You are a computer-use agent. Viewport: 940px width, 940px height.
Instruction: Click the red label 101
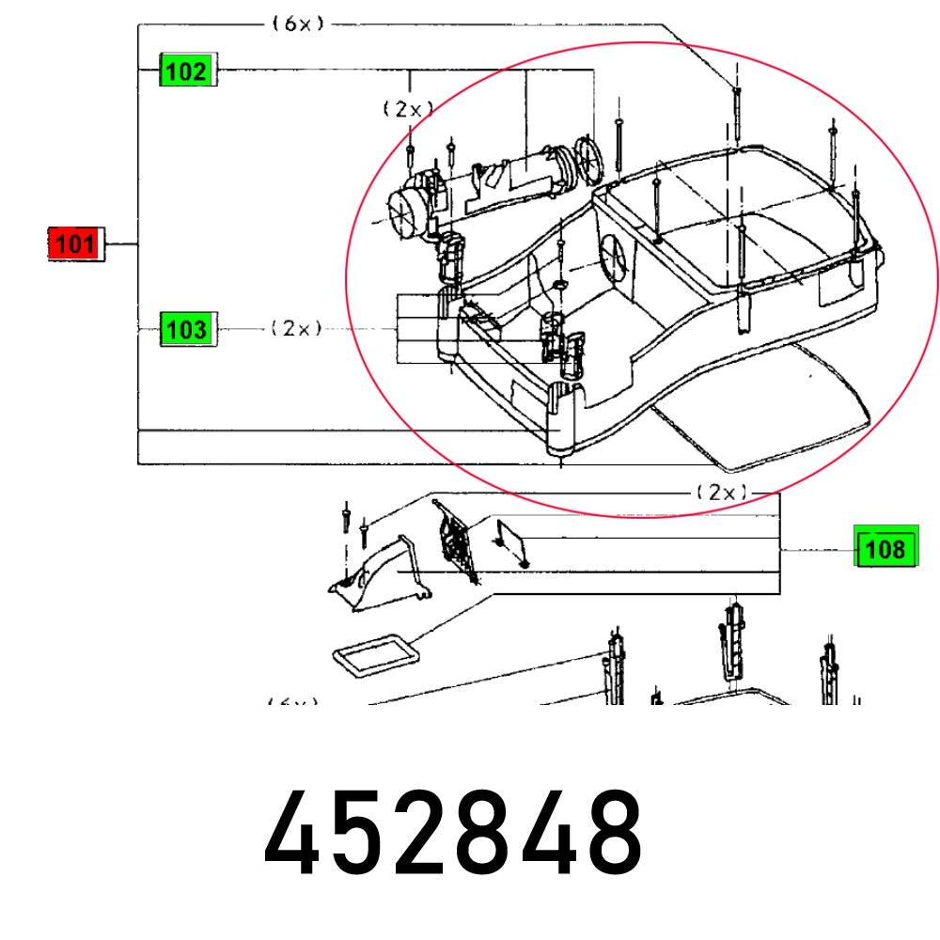(73, 244)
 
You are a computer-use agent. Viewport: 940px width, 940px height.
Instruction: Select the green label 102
(186, 70)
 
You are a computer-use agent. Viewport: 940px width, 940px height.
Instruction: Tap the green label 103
(186, 329)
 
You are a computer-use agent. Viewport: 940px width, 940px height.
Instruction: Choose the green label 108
(885, 549)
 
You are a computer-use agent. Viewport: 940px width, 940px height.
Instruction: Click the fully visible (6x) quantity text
(298, 24)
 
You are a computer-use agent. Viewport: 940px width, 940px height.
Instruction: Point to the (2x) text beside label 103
(296, 329)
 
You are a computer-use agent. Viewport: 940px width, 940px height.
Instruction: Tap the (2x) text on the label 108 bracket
(721, 492)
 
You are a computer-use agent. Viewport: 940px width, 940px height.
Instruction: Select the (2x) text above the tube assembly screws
(407, 109)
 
